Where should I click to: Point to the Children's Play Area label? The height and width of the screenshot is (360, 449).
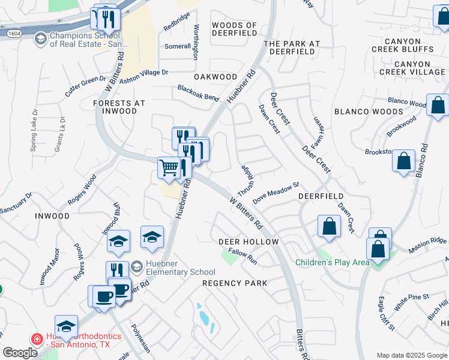(x=332, y=262)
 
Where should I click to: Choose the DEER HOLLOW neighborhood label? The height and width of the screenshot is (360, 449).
(x=248, y=241)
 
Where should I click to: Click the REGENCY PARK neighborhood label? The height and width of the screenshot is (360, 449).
(x=234, y=283)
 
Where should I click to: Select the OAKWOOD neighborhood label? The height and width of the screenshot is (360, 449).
(x=215, y=77)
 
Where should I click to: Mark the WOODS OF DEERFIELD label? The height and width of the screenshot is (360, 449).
(x=234, y=29)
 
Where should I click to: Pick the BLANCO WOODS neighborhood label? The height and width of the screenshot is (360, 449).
(x=369, y=112)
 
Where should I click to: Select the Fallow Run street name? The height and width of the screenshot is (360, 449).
(x=243, y=257)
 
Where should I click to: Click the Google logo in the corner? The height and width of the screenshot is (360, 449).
(x=20, y=353)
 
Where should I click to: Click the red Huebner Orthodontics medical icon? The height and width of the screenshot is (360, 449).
(x=37, y=338)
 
